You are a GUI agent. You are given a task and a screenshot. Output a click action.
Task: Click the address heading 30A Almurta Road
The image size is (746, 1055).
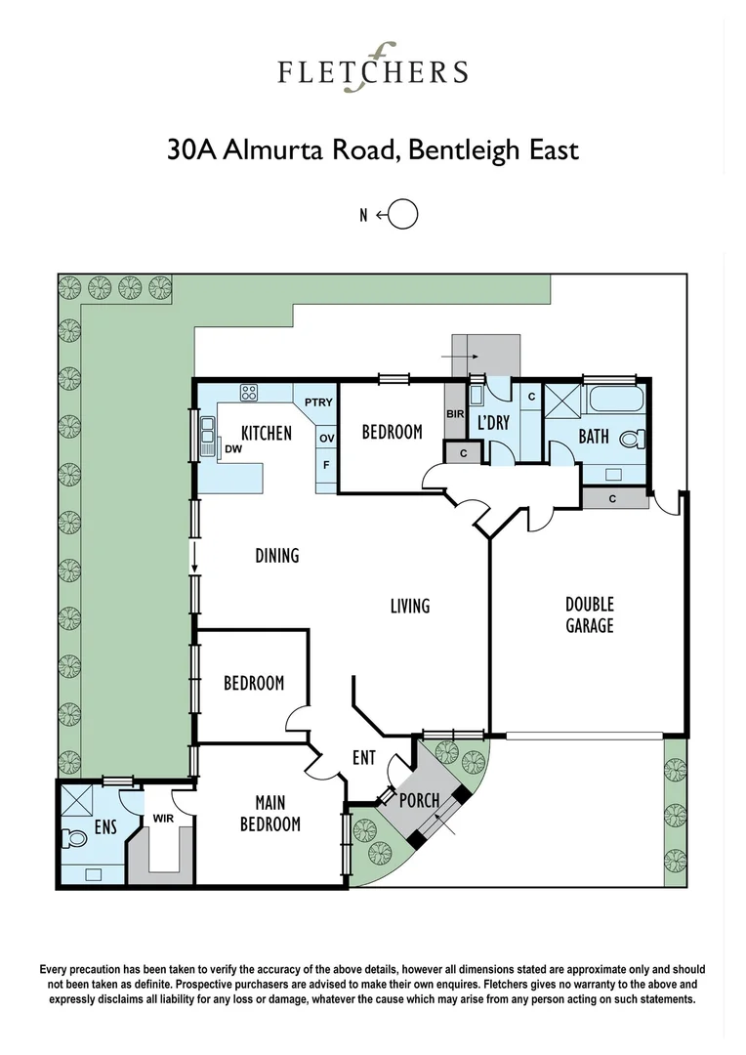point(373,150)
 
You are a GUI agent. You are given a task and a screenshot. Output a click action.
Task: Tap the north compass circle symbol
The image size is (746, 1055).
point(403,215)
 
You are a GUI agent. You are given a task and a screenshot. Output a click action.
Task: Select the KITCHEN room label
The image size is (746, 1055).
point(266,433)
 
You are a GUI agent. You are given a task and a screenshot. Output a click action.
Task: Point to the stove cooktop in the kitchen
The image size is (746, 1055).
point(248,394)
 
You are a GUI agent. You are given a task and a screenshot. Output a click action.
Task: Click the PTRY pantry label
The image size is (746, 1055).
point(318,402)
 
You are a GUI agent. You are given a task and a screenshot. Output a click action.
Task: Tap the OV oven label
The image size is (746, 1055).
point(326,438)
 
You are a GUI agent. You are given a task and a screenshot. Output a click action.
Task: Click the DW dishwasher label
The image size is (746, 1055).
point(232,449)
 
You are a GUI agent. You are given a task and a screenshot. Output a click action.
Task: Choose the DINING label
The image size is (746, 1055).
point(277,556)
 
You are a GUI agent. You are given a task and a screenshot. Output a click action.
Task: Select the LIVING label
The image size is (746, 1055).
point(410,607)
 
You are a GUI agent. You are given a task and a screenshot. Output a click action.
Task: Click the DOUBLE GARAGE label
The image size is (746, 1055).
point(590,614)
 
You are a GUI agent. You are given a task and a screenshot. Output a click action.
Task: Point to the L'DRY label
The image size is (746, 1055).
point(492,423)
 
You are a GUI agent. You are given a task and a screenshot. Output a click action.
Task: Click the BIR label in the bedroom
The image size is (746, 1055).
point(455,413)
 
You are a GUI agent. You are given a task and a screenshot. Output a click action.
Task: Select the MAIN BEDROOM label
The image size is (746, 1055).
point(270,814)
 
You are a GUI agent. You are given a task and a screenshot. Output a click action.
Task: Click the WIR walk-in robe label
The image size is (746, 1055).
point(162,821)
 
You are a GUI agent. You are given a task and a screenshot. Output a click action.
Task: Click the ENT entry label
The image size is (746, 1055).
point(364,758)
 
